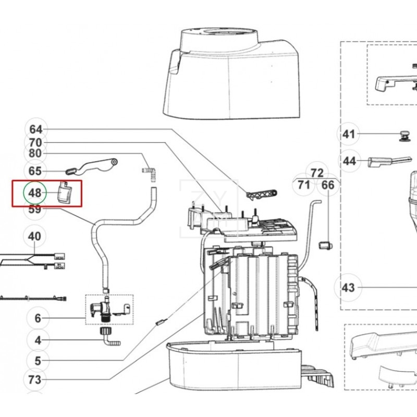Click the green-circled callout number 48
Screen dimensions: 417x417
(35, 193)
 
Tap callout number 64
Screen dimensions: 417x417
(35, 129)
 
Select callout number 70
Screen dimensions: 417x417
(35, 142)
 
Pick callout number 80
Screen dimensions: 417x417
(35, 154)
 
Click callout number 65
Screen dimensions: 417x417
(35, 171)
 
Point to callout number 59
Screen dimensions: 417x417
(35, 210)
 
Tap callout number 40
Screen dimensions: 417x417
(35, 236)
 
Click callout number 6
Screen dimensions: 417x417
(38, 318)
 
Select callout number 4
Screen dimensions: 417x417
(38, 341)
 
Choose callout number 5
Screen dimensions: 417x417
(38, 360)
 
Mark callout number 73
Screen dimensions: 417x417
(35, 380)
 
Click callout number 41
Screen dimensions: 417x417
(348, 134)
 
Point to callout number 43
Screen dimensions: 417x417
(348, 287)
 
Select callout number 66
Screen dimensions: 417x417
(327, 185)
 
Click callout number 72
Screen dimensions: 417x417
(317, 173)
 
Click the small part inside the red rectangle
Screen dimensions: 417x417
(64, 192)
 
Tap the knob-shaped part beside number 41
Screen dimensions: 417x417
(403, 136)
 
